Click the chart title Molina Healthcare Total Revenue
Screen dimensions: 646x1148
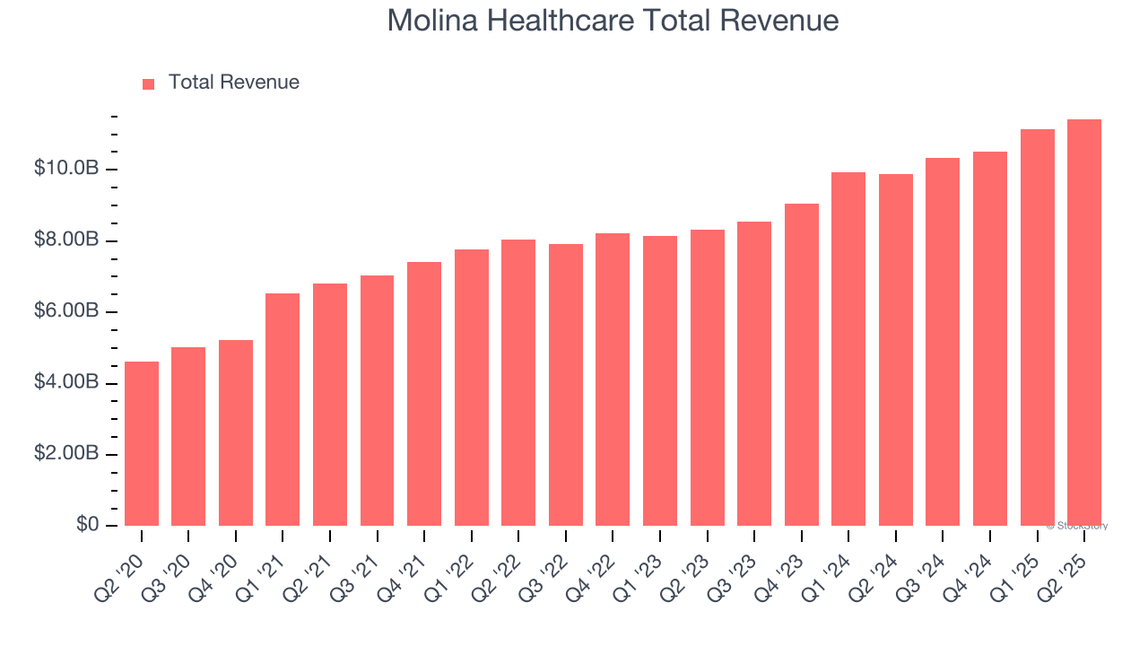613,21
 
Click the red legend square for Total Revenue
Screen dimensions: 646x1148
149,83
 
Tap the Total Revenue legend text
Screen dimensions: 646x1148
233,83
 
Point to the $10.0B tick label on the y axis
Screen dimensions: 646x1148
66,169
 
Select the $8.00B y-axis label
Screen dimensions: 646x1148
66,240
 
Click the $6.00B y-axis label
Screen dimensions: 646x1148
66,311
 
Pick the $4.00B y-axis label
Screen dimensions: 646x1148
66,382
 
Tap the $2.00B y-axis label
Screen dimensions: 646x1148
66,453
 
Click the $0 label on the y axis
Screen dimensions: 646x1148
87,524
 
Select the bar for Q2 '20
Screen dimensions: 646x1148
142,444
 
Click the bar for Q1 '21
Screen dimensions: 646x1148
283,410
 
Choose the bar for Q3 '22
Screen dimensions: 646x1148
566,385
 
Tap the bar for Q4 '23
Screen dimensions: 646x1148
802,365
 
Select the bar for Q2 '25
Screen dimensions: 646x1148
1084,323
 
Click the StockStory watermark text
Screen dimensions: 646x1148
1076,526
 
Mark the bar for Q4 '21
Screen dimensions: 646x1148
424,394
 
